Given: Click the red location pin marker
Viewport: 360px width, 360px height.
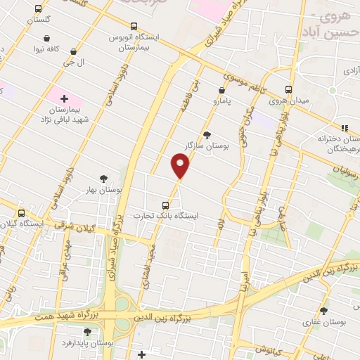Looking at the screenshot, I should coord(180,166).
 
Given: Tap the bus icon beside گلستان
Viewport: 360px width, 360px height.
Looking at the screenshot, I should coord(38,9).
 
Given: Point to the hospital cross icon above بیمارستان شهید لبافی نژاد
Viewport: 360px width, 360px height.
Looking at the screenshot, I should coord(65,99).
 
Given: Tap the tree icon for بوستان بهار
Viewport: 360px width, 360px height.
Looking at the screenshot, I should coord(104,179).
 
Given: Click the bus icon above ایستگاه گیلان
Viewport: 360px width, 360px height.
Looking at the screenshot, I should coord(20,213).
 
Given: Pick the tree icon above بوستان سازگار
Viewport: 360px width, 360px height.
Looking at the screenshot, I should coord(206,134).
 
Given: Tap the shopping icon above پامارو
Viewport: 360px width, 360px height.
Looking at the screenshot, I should coord(221,90).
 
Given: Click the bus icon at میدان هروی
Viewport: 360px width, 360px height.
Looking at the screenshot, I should coord(288,89).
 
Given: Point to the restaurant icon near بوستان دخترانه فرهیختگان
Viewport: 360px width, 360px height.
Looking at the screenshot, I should coord(344,128).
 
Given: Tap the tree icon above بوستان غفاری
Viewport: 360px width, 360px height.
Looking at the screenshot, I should coord(323,311).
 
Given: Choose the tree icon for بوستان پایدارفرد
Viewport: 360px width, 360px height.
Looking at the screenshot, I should coord(87,332).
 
